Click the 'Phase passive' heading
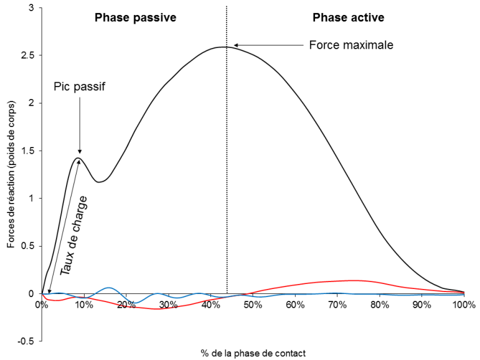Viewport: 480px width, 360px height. [135, 17]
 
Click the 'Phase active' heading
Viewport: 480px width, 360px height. [347, 17]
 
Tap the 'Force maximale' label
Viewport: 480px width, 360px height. [352, 45]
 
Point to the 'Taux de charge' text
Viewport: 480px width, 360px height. [74, 235]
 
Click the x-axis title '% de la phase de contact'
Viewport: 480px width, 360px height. [253, 353]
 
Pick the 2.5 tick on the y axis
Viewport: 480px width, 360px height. [29, 55]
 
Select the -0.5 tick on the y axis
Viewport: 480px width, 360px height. [27, 341]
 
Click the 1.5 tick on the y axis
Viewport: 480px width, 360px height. [29, 151]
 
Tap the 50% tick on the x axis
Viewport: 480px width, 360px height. [253, 305]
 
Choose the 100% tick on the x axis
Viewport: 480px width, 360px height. [463, 305]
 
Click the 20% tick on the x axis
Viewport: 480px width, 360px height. [126, 305]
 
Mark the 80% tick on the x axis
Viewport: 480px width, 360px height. [380, 305]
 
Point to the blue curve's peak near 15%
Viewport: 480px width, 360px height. [109, 288]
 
